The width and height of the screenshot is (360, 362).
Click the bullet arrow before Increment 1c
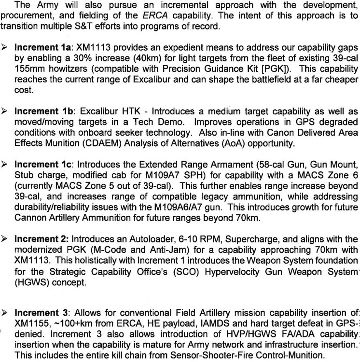[x=6, y=165]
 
